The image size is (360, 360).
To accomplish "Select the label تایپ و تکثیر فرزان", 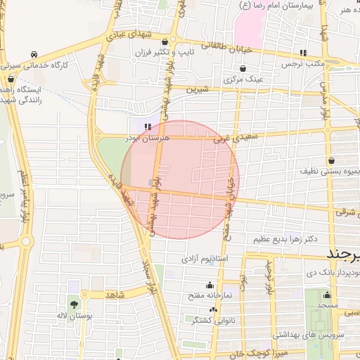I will click(x=164, y=53).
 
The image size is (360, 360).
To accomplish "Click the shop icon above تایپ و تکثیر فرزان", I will click(x=165, y=41).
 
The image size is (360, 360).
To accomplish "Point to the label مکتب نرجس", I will click(x=302, y=64).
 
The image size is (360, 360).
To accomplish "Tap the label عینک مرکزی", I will click(x=243, y=79).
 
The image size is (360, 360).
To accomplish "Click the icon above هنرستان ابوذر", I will click(x=148, y=127).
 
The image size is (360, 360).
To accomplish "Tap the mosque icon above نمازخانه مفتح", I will click(x=209, y=285).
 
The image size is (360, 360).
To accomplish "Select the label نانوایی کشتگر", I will click(x=194, y=319).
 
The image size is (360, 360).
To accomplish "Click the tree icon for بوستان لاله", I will click(x=74, y=304).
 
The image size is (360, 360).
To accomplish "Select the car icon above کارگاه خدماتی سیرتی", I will click(x=34, y=53).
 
